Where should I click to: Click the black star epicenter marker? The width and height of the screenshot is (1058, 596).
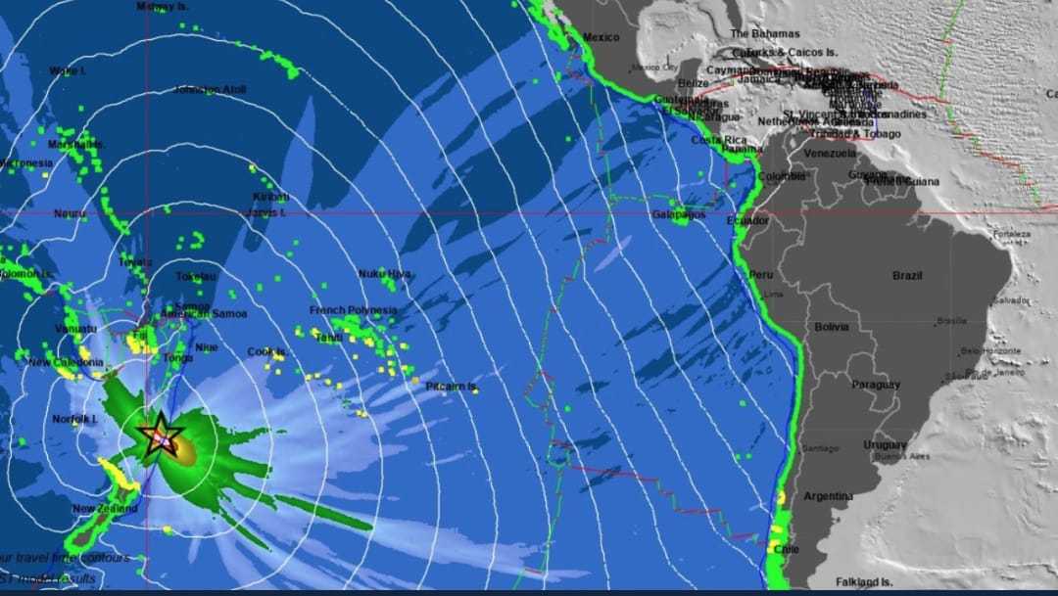click(x=160, y=435)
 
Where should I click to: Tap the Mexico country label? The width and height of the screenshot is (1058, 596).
click(x=601, y=37)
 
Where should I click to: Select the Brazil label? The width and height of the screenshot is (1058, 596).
click(x=907, y=275)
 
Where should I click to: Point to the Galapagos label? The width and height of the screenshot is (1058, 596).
click(x=679, y=213)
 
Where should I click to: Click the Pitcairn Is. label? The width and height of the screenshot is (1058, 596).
click(x=452, y=388)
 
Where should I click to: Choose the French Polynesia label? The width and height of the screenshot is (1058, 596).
click(x=354, y=310)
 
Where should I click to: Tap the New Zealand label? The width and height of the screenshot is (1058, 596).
click(x=97, y=509)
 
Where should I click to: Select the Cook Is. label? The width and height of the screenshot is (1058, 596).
click(x=266, y=352)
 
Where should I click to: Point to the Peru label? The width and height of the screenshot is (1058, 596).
click(x=761, y=274)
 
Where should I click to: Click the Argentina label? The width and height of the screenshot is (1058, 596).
click(x=829, y=496)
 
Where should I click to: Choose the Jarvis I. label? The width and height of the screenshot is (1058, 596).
click(x=266, y=212)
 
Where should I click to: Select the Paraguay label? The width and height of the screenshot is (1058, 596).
click(x=875, y=385)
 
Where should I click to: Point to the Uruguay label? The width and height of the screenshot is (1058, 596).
click(x=886, y=445)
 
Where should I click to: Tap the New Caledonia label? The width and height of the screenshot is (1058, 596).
click(x=66, y=362)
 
